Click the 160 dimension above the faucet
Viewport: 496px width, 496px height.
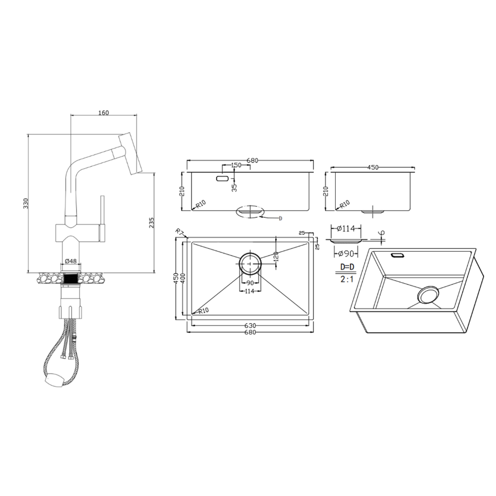(104, 113)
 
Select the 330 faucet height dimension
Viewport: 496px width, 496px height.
(26, 203)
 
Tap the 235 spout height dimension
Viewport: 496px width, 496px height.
(151, 222)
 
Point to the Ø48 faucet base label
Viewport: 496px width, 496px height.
(71, 261)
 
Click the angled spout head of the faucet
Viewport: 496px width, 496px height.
(130, 154)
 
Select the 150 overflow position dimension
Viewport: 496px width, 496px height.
(236, 165)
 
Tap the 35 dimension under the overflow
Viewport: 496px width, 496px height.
(234, 188)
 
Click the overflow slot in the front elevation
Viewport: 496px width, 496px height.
(222, 179)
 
